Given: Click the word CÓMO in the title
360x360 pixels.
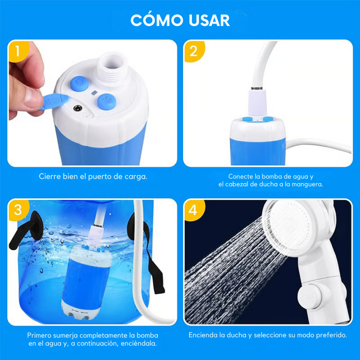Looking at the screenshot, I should point(156,21).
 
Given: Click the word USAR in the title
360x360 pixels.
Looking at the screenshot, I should point(209,21).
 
